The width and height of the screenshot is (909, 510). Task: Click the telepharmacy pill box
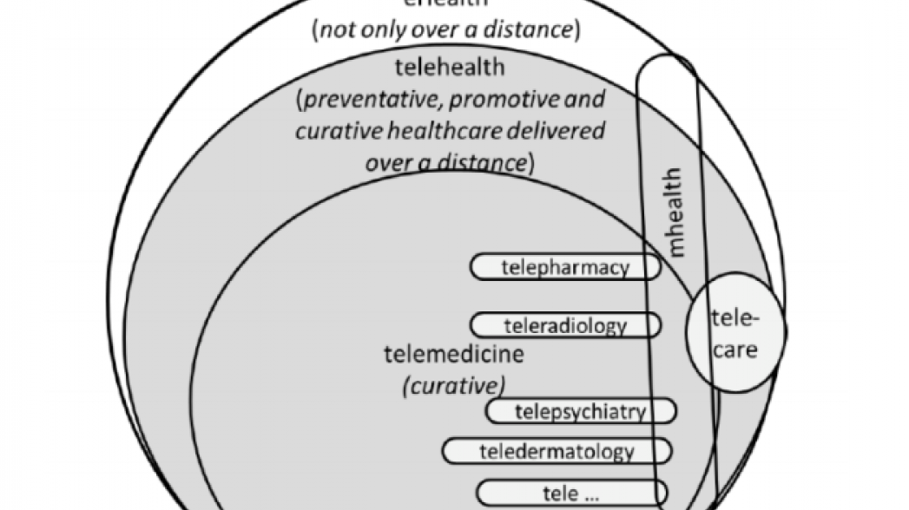[565, 267]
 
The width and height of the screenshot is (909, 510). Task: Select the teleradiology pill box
[565, 326]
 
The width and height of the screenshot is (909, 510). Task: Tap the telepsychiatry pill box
[581, 410]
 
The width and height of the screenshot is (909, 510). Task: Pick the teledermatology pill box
[557, 451]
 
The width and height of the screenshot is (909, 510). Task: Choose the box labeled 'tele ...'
[570, 493]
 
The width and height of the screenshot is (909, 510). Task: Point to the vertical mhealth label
[676, 213]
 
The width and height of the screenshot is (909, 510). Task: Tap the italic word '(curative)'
[454, 384]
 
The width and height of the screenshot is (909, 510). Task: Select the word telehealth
[449, 67]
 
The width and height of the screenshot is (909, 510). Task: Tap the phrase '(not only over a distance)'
[445, 30]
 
